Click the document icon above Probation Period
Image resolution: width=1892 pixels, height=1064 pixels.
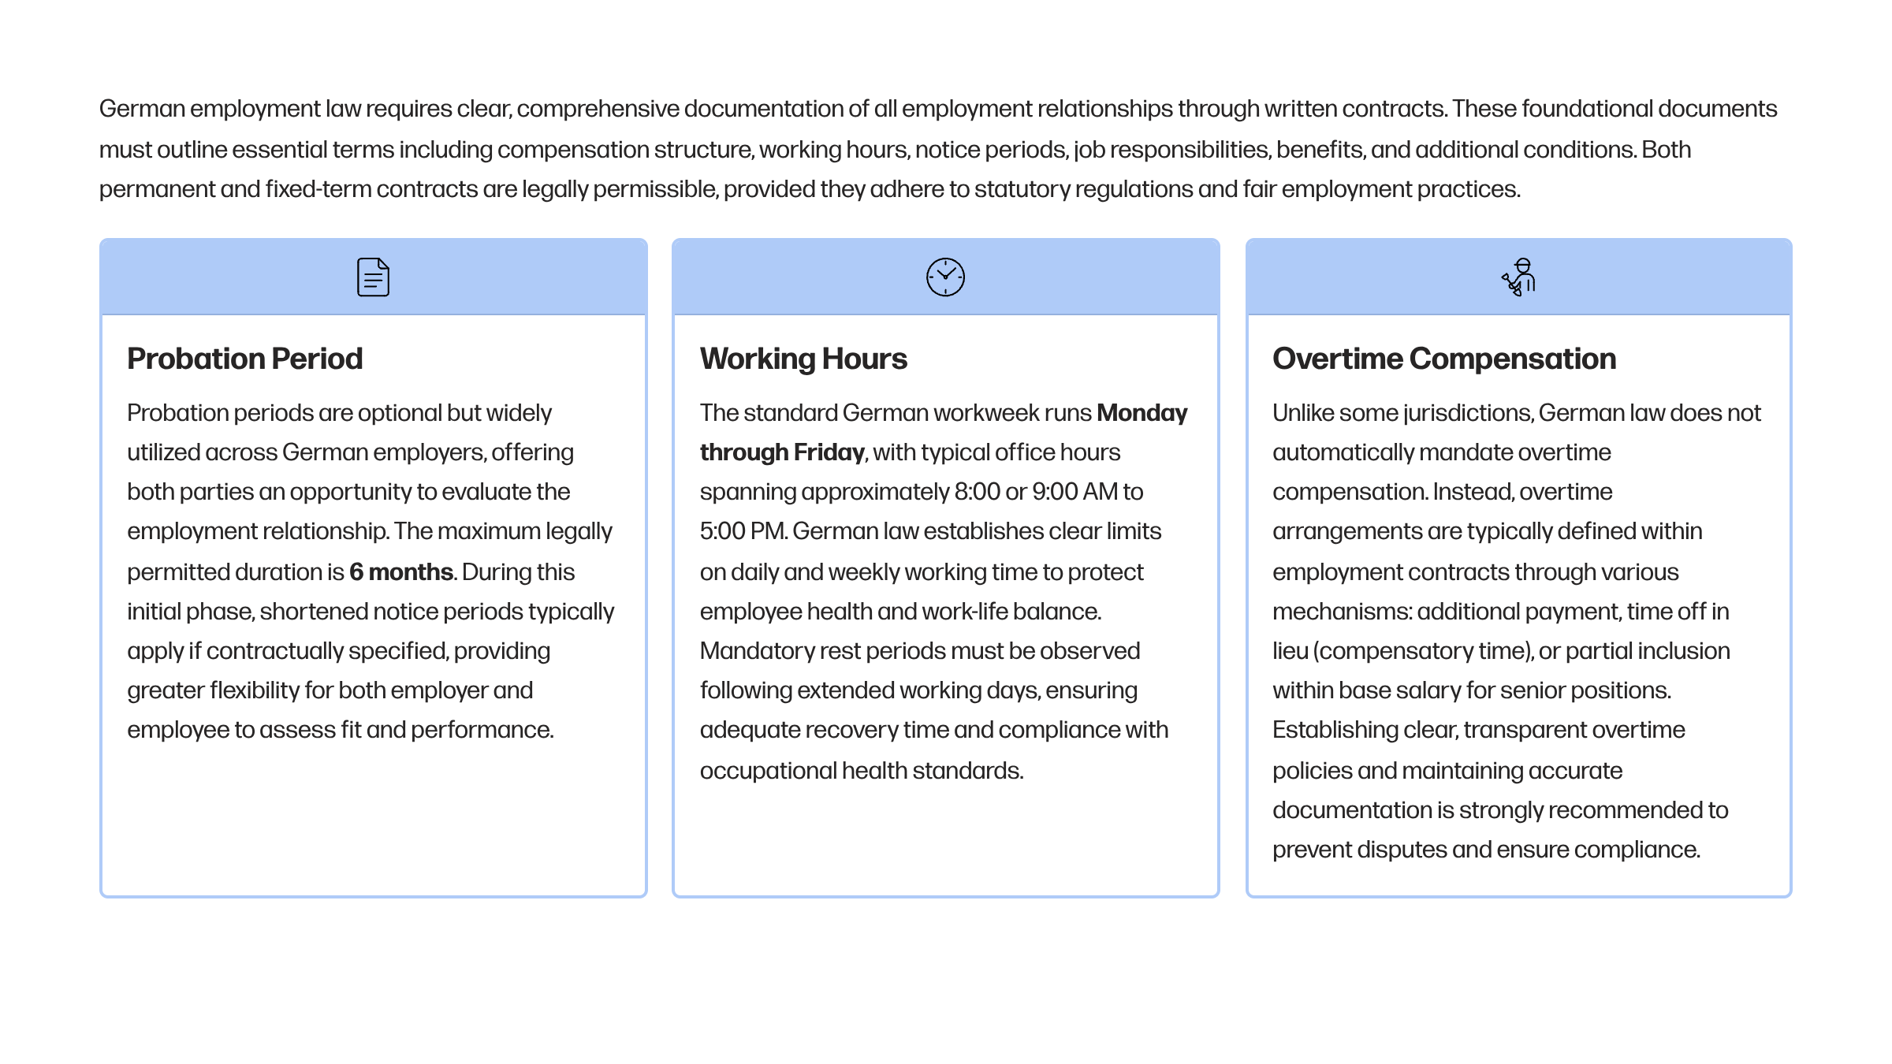(x=373, y=277)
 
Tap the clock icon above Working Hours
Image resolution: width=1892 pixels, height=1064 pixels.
(x=945, y=277)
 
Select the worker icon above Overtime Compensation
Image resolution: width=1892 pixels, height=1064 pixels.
(x=1519, y=277)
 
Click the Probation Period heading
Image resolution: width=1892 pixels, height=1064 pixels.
(x=244, y=359)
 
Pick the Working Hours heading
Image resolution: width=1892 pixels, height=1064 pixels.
(x=803, y=359)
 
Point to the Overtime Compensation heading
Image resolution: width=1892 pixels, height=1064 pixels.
(x=1443, y=359)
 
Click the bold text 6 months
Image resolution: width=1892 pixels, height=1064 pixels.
(x=400, y=571)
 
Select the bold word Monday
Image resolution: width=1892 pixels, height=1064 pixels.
(x=1142, y=413)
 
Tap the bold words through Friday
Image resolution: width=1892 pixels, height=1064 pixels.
(x=781, y=452)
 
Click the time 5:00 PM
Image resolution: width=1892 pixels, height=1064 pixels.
(x=743, y=531)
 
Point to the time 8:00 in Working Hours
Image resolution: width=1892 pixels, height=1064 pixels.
(x=977, y=492)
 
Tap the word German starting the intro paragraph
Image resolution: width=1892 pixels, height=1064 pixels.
(x=142, y=109)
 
